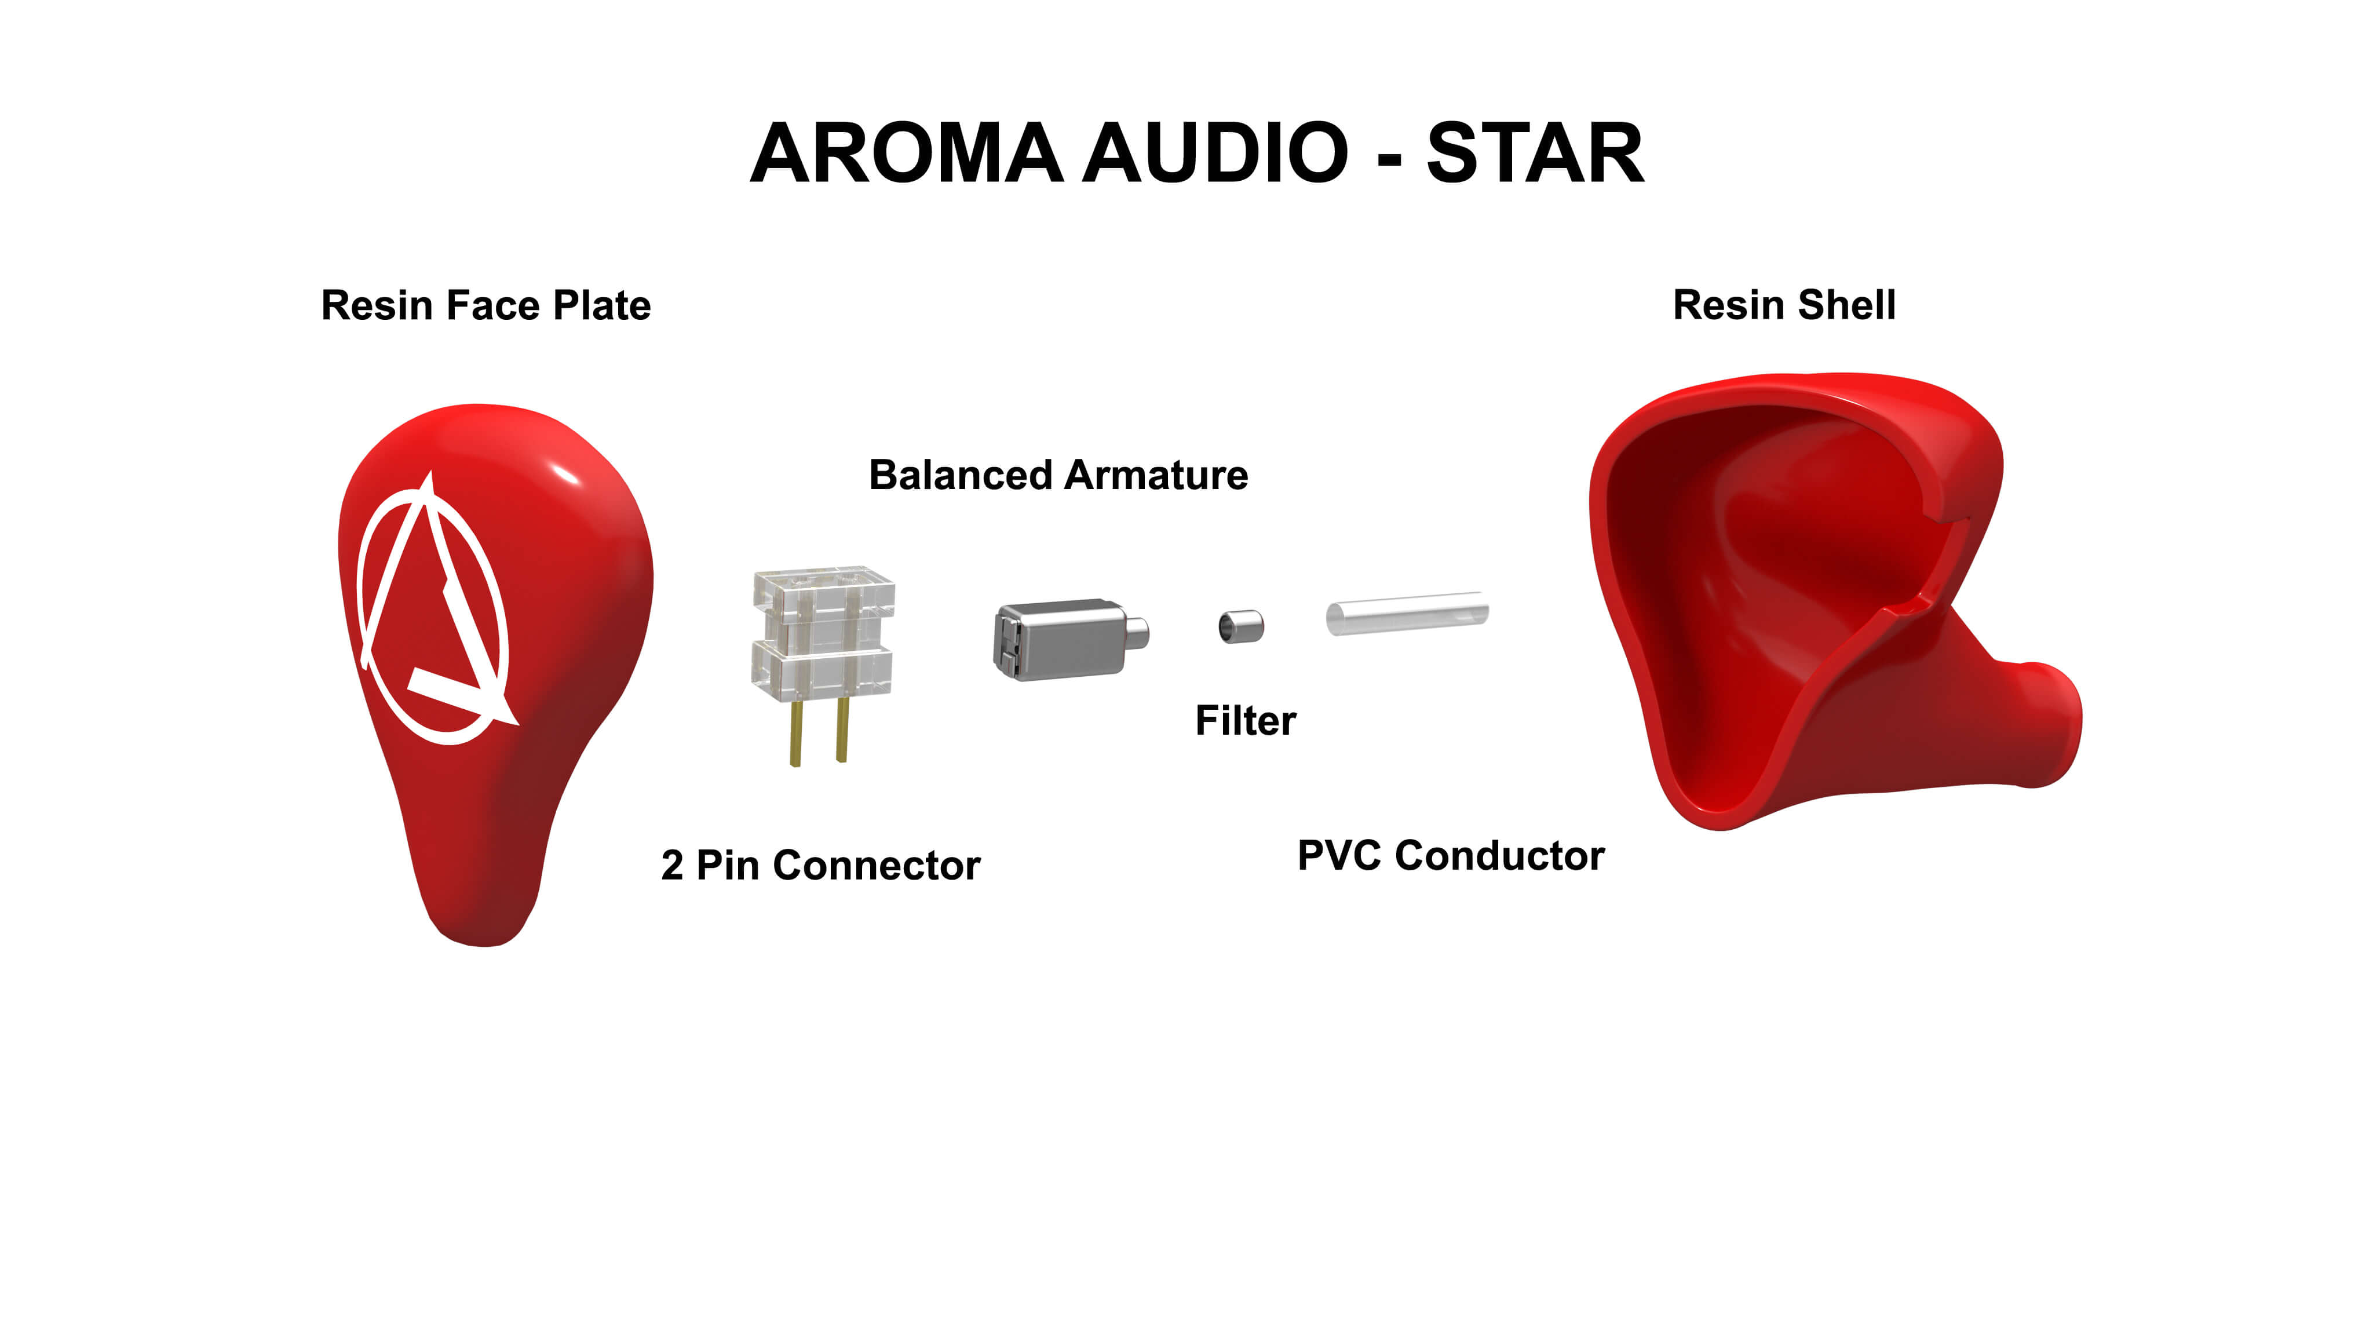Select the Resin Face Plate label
(x=485, y=305)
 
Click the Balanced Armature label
(x=1058, y=475)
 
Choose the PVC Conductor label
(x=1451, y=855)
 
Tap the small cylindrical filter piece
(x=1241, y=626)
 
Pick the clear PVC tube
(x=1407, y=612)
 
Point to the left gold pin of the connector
(x=795, y=732)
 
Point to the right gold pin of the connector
(x=841, y=729)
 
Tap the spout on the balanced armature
(x=1138, y=632)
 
